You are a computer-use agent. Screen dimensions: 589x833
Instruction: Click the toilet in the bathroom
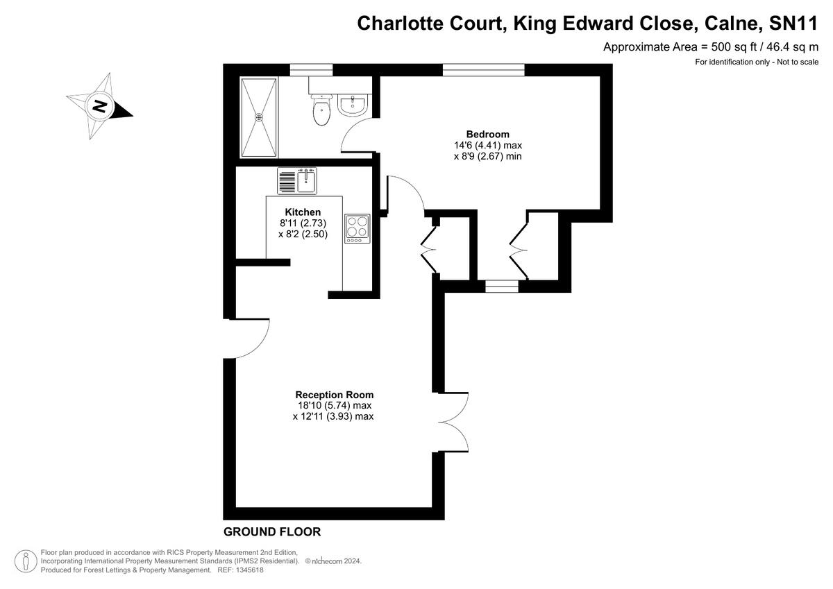321,111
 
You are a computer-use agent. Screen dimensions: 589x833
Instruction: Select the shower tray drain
260,117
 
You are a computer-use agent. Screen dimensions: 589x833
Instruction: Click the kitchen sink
306,181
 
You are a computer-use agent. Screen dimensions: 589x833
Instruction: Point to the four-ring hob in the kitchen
357,228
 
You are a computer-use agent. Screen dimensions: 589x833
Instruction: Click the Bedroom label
487,134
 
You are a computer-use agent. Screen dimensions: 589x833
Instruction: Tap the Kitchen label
303,212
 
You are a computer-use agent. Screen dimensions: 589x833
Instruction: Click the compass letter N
101,106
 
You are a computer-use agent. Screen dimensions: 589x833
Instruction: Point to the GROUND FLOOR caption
271,532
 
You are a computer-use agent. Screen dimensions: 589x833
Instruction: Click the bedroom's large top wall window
483,69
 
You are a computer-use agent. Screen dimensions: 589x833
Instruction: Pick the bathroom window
310,69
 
